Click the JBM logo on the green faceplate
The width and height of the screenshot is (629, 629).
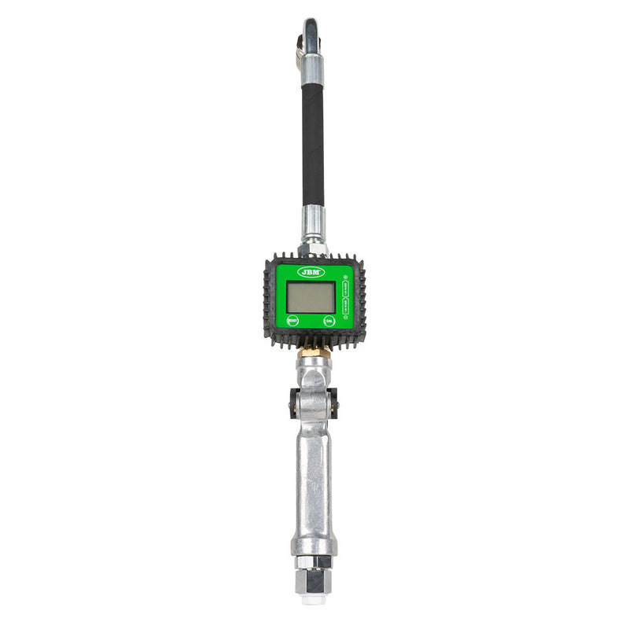(x=311, y=271)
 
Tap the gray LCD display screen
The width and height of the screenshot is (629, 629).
(x=311, y=298)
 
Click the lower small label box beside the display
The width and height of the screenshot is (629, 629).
(x=344, y=307)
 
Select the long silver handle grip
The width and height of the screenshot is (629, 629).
(x=314, y=480)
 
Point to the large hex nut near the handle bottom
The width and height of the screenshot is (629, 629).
(x=314, y=580)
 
